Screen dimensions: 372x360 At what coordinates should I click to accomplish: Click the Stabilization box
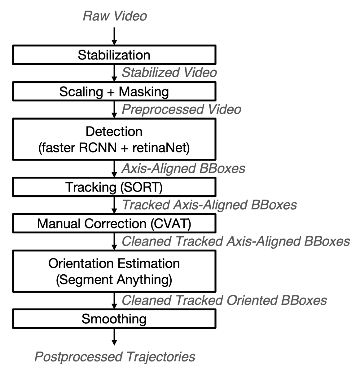tap(114, 55)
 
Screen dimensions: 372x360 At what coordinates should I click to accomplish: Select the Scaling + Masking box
tap(114, 92)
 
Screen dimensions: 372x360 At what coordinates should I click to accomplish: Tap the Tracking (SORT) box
tap(114, 187)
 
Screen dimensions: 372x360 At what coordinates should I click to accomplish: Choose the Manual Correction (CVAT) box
tap(114, 224)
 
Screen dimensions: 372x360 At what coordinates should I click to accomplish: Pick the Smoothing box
tap(114, 319)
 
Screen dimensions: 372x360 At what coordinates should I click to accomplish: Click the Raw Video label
tap(115, 16)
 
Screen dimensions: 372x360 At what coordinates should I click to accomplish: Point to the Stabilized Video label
tap(169, 73)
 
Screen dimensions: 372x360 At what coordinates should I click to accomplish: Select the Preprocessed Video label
tap(181, 109)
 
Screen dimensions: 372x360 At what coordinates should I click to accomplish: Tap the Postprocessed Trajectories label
tap(115, 356)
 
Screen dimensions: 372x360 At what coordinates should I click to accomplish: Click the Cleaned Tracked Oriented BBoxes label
tap(224, 300)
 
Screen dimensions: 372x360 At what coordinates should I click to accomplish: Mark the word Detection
tap(114, 131)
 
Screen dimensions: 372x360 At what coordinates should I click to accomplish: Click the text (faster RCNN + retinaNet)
tap(114, 148)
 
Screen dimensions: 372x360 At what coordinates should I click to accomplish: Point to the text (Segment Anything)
tap(114, 280)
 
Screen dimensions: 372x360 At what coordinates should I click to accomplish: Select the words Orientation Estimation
tap(114, 263)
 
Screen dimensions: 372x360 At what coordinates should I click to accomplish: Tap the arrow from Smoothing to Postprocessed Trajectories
tap(114, 337)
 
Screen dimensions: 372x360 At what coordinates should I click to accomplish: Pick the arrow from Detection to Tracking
tap(114, 169)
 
